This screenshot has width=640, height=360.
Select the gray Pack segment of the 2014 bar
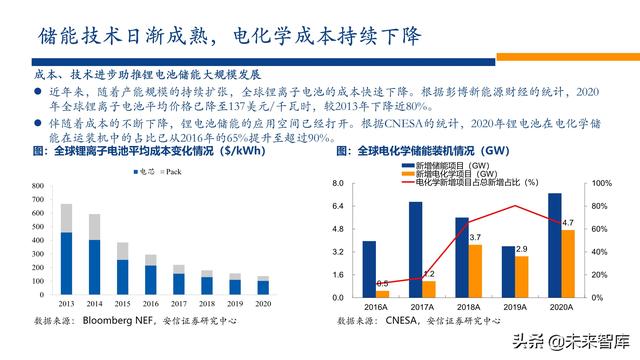[x=94, y=226]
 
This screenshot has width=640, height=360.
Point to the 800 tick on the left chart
[x=36, y=186]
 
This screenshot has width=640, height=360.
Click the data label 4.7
[x=567, y=222]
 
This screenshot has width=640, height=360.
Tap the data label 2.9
[x=521, y=247]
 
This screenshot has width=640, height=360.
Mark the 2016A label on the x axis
[x=376, y=307]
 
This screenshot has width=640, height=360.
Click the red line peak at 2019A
[x=515, y=206]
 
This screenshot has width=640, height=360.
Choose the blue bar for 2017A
[x=415, y=249]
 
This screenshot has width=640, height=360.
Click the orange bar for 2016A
[x=382, y=293]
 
